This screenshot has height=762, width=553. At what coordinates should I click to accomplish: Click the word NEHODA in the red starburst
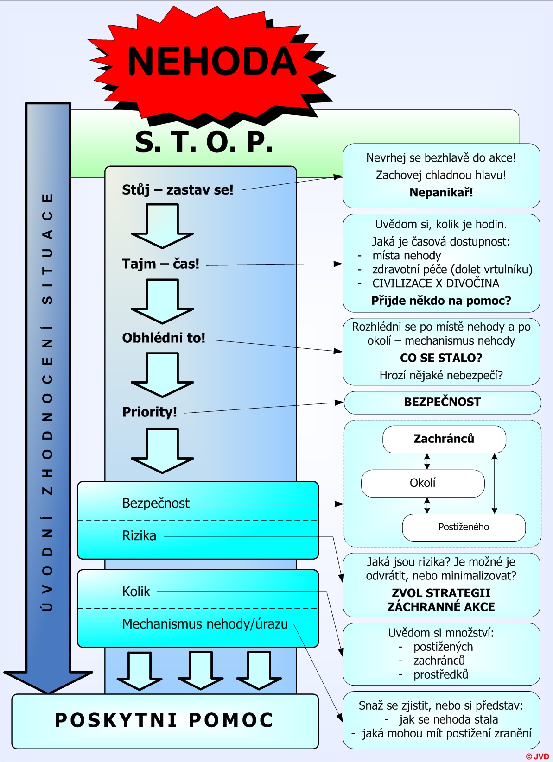click(212, 61)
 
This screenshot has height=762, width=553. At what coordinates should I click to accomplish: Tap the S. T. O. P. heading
click(204, 142)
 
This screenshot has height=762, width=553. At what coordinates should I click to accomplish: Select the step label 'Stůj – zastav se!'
click(178, 190)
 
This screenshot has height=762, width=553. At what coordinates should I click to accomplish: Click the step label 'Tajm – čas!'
click(161, 264)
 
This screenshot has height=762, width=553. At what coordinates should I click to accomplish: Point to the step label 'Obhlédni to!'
click(164, 338)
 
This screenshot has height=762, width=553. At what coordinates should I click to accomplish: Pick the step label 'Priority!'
click(149, 412)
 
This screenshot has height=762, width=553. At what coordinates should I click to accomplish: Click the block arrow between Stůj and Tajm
click(162, 226)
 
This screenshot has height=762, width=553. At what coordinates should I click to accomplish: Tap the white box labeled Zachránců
click(444, 439)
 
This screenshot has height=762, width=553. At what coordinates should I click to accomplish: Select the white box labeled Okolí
click(423, 484)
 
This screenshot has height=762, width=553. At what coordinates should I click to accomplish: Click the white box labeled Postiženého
click(464, 527)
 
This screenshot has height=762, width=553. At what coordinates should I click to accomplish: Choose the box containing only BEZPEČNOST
click(442, 403)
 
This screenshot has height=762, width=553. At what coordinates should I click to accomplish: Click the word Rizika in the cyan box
click(139, 536)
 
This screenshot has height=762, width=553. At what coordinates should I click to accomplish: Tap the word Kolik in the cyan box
click(136, 592)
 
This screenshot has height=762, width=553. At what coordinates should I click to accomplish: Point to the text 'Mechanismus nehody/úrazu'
click(205, 624)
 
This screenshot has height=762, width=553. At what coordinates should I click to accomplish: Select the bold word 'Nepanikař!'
click(441, 193)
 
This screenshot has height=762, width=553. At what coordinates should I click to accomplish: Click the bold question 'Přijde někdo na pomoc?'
click(441, 301)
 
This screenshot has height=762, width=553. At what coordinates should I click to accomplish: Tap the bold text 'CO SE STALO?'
click(441, 358)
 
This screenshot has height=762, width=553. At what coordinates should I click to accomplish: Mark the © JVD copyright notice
click(537, 756)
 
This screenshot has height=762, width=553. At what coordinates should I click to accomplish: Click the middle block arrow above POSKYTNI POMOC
click(200, 670)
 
